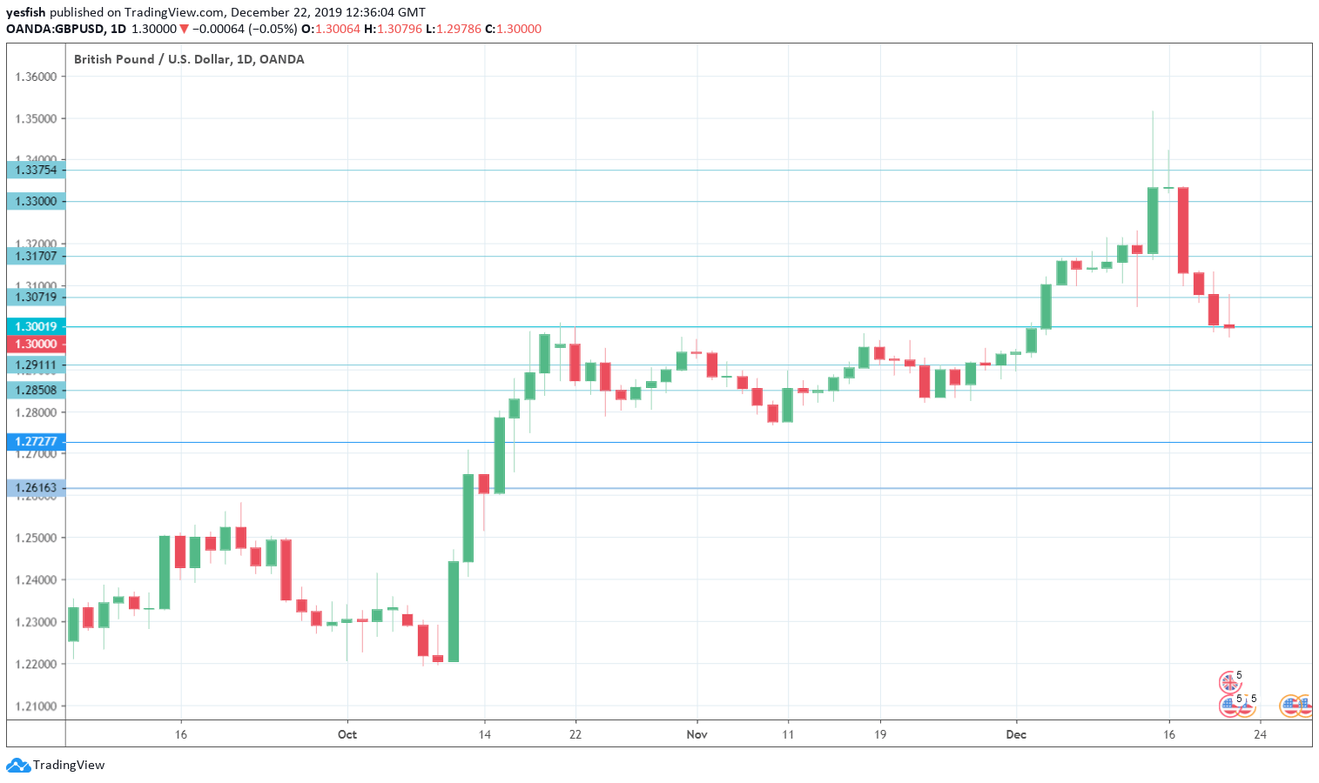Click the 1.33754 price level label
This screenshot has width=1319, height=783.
(36, 170)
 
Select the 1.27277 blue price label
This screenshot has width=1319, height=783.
(36, 442)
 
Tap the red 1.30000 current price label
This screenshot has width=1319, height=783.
(36, 344)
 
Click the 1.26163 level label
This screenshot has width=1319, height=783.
(36, 488)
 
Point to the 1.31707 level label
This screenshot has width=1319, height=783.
(36, 256)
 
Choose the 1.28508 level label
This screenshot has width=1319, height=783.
(36, 390)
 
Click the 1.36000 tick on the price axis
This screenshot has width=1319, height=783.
(36, 77)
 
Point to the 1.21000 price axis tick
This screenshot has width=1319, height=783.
(36, 706)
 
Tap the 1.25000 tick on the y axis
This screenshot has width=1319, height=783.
(36, 538)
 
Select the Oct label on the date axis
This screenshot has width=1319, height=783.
(347, 734)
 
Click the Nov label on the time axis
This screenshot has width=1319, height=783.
(697, 734)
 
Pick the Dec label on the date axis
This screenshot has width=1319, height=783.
(1016, 734)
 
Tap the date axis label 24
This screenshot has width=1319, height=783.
(1260, 734)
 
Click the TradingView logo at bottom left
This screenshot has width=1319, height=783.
(56, 766)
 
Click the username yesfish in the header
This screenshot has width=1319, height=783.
(25, 12)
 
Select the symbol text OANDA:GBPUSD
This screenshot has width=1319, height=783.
(55, 29)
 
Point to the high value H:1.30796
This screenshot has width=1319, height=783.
(393, 29)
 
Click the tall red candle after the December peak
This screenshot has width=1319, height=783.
(1183, 230)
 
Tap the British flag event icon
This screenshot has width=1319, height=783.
(1228, 682)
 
